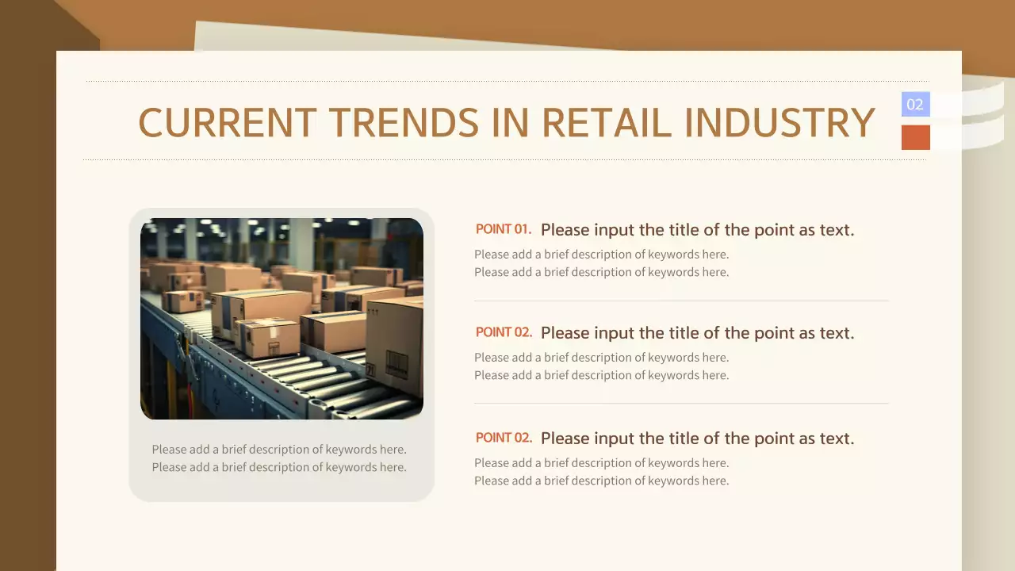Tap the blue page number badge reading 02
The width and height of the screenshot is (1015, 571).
[x=915, y=104]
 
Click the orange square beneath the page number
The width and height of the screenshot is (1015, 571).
[x=915, y=137]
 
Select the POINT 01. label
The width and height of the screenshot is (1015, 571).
[x=504, y=229]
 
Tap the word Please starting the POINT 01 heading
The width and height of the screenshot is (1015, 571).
[x=565, y=230]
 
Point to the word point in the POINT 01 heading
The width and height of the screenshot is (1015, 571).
[x=760, y=230]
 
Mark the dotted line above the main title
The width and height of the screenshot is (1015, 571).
[x=507, y=81]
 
